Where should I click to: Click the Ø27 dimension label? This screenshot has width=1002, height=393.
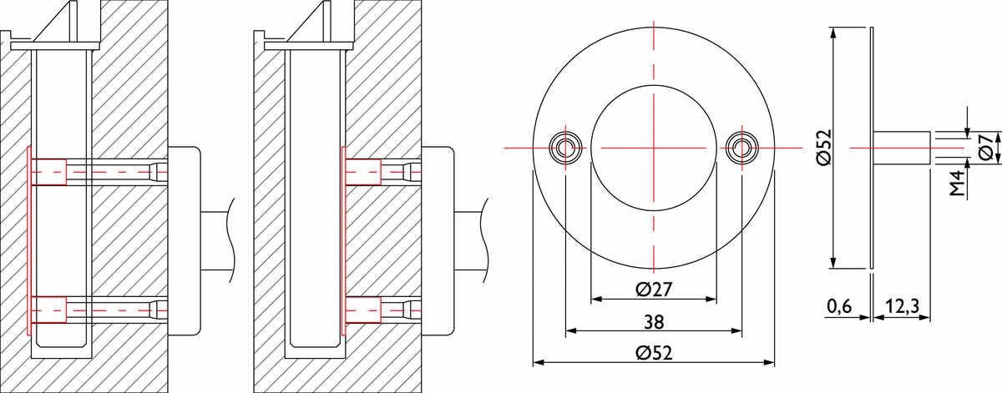[x=654, y=290]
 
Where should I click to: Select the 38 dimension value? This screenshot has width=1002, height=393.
[x=654, y=322]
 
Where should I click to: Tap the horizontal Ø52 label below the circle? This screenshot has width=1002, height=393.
[x=654, y=353]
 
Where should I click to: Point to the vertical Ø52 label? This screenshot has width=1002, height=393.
[x=822, y=147]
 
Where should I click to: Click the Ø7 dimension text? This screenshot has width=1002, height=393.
[x=986, y=147]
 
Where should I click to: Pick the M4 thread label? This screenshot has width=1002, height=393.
[x=956, y=184]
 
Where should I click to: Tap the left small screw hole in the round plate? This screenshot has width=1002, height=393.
[x=566, y=147]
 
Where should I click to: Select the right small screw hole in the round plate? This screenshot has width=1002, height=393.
[x=741, y=147]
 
